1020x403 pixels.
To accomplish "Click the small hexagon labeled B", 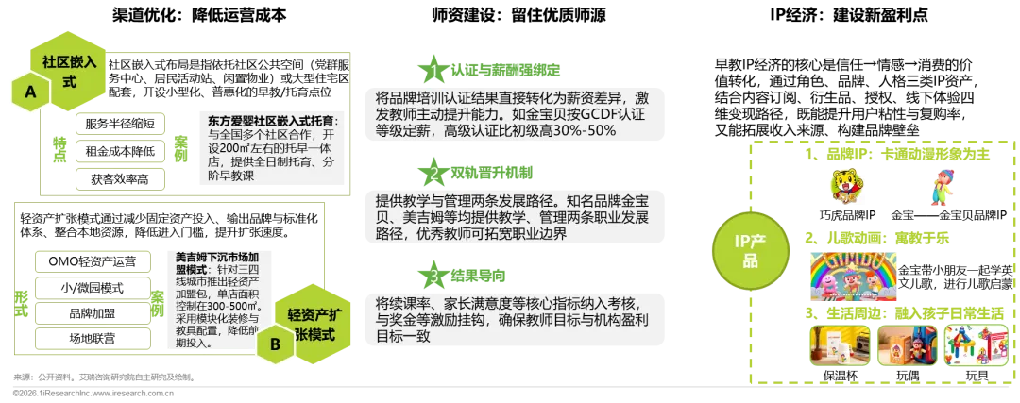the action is point(275,345).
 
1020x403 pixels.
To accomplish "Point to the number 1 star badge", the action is point(433,71).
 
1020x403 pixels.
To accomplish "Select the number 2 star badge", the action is point(433,173).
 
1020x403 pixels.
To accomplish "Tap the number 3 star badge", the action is point(433,276).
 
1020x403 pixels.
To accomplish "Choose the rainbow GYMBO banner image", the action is point(850,272).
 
